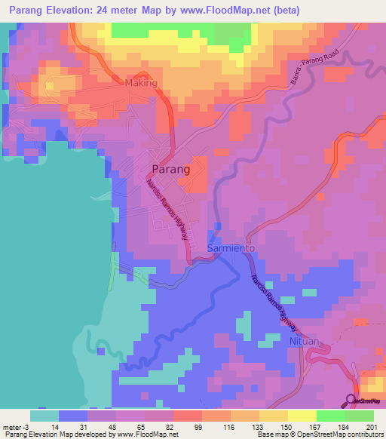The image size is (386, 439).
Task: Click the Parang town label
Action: [x=170, y=170]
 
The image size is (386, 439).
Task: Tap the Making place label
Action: [x=141, y=83]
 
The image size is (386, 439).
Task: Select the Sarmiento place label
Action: [x=233, y=248]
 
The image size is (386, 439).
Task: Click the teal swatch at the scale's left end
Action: [x=44, y=416]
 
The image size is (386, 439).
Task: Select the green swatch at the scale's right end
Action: [x=360, y=416]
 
